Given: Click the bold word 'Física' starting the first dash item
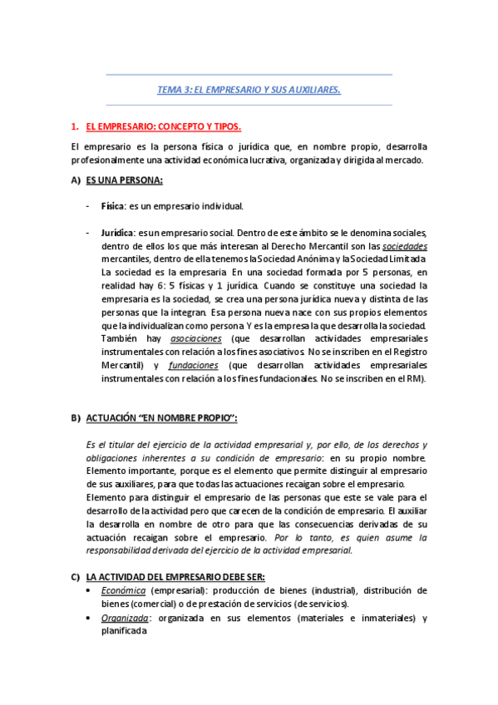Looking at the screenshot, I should click(x=112, y=206).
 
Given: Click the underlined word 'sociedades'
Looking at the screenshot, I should click(x=405, y=246).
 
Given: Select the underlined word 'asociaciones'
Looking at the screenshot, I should click(x=195, y=339).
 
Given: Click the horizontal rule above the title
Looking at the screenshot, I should click(x=249, y=74).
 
